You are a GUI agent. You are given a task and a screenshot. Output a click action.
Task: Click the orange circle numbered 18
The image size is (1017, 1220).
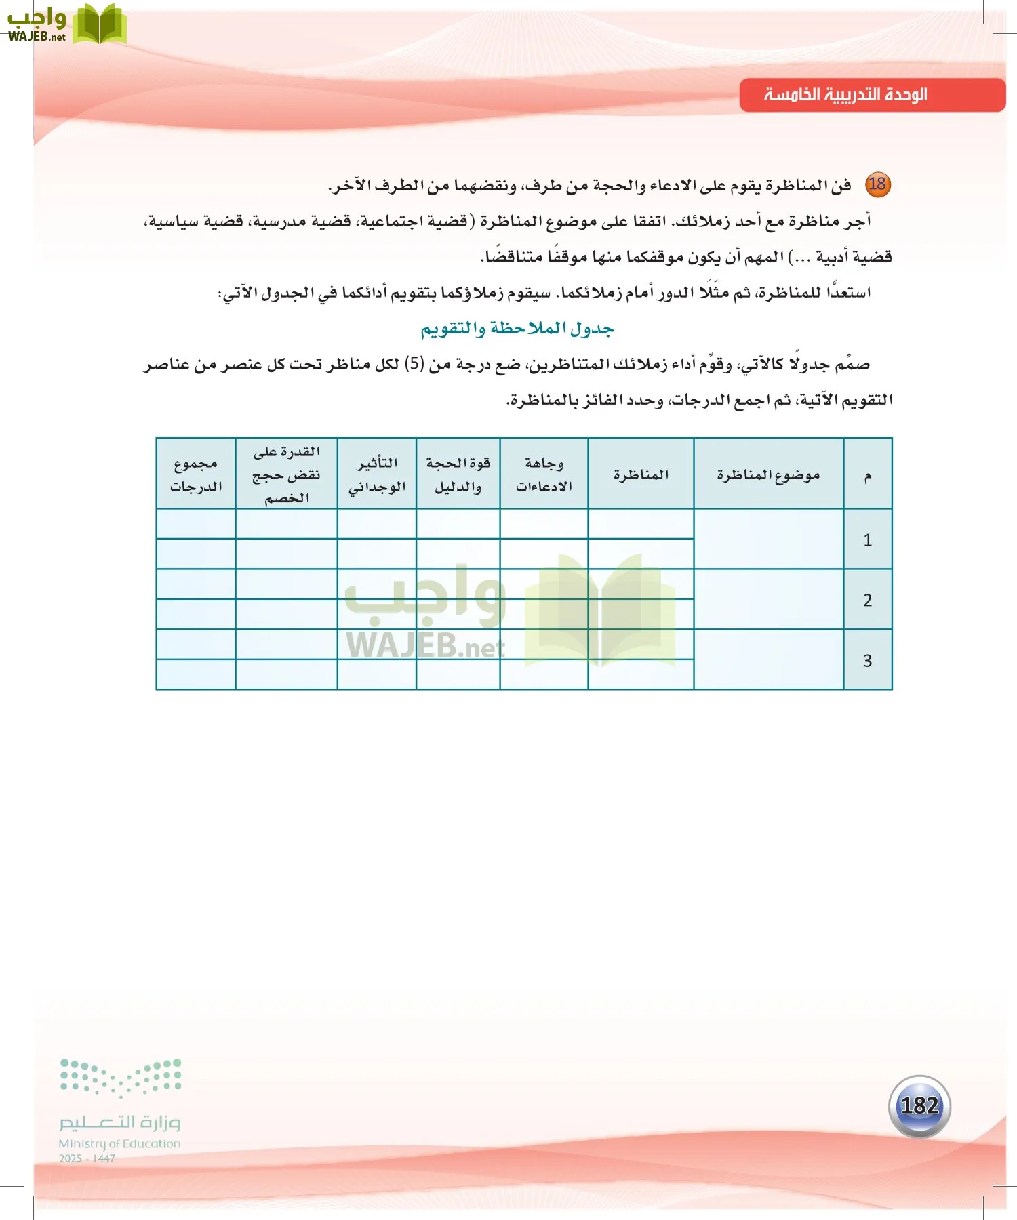tap(877, 184)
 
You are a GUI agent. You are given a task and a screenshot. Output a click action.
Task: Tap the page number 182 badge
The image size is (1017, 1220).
tap(919, 1106)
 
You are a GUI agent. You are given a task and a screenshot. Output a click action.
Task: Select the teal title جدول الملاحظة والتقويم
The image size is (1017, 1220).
tap(517, 329)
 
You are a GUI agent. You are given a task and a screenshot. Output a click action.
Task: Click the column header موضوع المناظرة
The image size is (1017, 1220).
tap(768, 474)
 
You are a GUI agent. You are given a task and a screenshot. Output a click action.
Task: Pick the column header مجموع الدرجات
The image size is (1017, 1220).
tap(196, 474)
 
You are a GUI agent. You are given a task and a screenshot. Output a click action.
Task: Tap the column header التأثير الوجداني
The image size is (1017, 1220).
tap(377, 474)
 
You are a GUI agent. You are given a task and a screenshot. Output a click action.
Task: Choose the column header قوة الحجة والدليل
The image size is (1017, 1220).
tap(458, 474)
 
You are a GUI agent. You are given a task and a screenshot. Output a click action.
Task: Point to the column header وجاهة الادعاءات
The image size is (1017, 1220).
tap(544, 474)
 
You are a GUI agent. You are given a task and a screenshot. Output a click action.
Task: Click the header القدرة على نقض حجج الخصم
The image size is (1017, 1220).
tap(286, 474)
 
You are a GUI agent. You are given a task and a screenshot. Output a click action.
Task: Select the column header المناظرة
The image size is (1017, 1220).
tap(641, 474)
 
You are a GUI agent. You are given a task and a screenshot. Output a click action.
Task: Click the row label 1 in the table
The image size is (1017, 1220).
tap(867, 540)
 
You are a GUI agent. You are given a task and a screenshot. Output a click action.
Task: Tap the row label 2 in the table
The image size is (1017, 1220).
tap(867, 600)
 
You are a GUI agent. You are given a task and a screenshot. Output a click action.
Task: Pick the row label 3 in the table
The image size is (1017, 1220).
tap(867, 660)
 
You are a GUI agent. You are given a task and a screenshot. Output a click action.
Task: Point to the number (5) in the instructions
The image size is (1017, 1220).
tap(414, 364)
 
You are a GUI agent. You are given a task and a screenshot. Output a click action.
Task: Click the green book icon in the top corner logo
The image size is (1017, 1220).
tap(99, 24)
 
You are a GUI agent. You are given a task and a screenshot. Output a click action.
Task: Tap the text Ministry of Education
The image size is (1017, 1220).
tap(119, 1143)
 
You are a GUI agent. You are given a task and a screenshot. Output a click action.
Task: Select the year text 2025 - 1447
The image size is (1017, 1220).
tap(87, 1158)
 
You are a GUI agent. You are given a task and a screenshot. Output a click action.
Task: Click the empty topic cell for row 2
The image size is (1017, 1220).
tap(768, 600)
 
